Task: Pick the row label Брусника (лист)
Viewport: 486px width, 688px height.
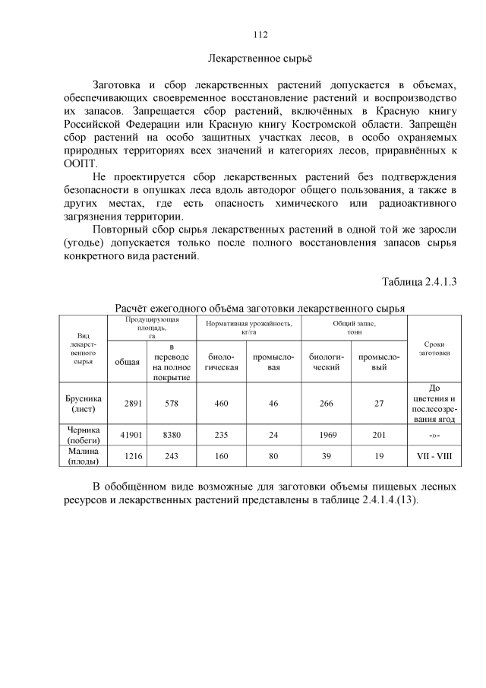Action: click(x=84, y=404)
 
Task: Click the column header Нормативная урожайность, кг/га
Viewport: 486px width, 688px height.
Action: click(x=249, y=328)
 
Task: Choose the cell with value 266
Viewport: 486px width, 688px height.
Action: click(x=327, y=404)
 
